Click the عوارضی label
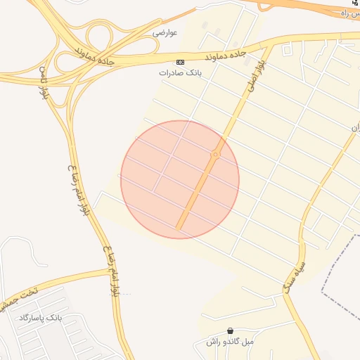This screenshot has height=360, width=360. click(x=165, y=32)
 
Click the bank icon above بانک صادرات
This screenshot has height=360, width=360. click(x=181, y=62)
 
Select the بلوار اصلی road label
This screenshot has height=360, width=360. click(x=253, y=77)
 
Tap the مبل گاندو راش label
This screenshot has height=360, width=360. click(x=229, y=342)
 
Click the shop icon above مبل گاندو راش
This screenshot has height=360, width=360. click(x=230, y=331)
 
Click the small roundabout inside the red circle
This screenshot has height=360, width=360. click(x=215, y=154)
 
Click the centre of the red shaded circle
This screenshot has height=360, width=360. click(x=180, y=179)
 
